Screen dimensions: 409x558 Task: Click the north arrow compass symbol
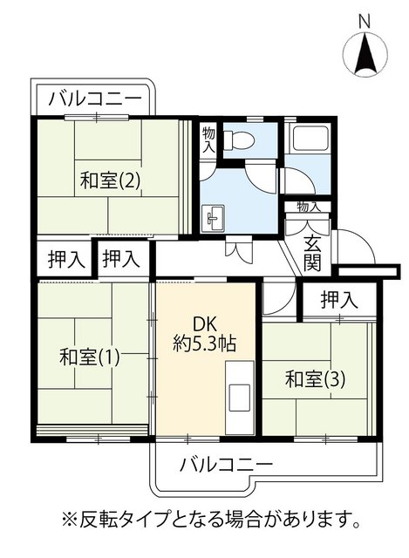pyautogui.click(x=365, y=54)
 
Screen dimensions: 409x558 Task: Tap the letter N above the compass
pyautogui.click(x=365, y=23)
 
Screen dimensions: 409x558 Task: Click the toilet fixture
pyautogui.click(x=239, y=139)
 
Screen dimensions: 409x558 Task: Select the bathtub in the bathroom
pyautogui.click(x=308, y=139)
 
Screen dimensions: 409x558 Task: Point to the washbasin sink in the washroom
pyautogui.click(x=213, y=217)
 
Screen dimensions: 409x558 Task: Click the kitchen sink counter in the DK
pyautogui.click(x=240, y=398)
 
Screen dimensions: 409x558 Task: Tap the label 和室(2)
pyautogui.click(x=110, y=180)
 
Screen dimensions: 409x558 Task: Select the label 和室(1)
pyautogui.click(x=89, y=357)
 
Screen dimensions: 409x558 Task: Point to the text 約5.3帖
pyautogui.click(x=204, y=344)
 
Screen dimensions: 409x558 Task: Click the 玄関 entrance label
pyautogui.click(x=312, y=254)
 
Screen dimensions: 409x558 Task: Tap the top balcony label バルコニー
pyautogui.click(x=95, y=99)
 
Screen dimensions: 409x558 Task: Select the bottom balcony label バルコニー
pyautogui.click(x=227, y=464)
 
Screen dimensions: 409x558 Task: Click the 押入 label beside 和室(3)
pyautogui.click(x=339, y=300)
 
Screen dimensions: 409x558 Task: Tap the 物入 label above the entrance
pyautogui.click(x=308, y=207)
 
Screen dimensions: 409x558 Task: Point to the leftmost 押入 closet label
pyautogui.click(x=66, y=259)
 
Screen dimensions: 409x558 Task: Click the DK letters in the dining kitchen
pyautogui.click(x=204, y=325)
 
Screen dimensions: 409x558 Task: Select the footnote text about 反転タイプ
pyautogui.click(x=210, y=520)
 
